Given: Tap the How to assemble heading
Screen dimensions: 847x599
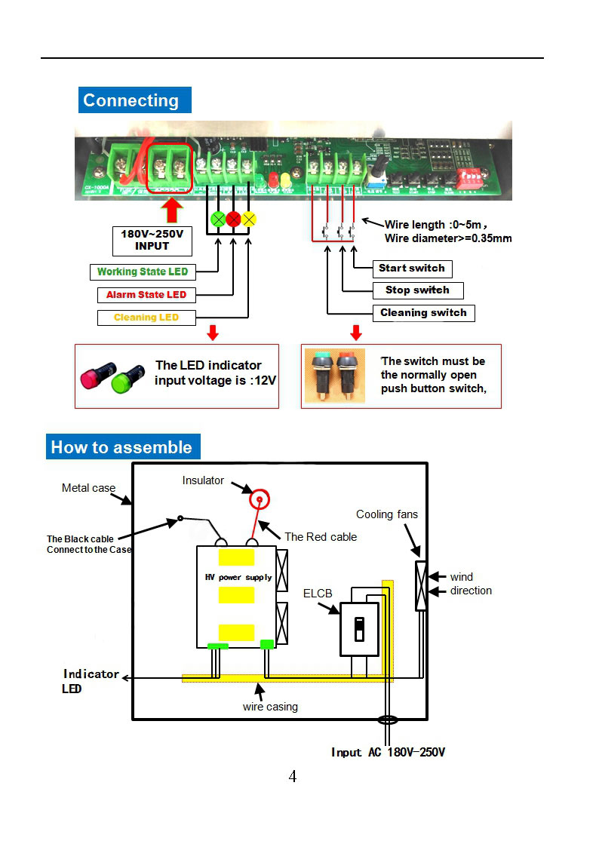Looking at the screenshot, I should (x=122, y=447).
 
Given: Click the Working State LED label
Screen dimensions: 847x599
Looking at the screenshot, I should (x=142, y=272).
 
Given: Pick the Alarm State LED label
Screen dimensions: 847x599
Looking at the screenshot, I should (x=146, y=294).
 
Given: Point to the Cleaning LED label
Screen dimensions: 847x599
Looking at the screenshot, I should (x=146, y=318).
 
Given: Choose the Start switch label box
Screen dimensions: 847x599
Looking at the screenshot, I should (x=412, y=268).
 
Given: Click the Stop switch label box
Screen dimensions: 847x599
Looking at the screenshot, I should (x=418, y=290).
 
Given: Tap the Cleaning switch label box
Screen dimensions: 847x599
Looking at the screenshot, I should (x=423, y=312).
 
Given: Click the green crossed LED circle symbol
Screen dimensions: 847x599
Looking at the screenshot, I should (x=218, y=219).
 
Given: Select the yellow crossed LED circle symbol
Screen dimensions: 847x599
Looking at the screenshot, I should (x=249, y=219).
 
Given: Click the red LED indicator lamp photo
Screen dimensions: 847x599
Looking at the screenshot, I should (x=97, y=376).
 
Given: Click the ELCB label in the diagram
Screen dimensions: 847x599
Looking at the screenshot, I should (x=318, y=594).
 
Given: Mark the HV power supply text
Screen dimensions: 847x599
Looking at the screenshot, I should (x=238, y=578).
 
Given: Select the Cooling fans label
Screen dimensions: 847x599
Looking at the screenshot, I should (x=387, y=514).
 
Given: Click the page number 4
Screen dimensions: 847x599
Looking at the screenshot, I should (x=293, y=777).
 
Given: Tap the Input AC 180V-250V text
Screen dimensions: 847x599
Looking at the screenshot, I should (x=388, y=752).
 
